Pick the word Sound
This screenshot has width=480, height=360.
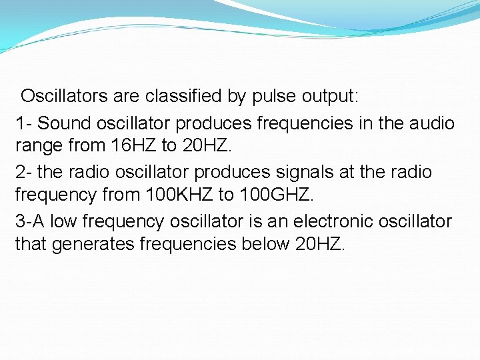(x=65, y=123)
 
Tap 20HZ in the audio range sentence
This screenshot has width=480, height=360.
(x=209, y=145)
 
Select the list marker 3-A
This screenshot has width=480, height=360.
(x=30, y=221)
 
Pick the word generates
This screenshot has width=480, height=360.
(x=93, y=244)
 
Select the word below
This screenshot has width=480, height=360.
(x=265, y=244)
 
